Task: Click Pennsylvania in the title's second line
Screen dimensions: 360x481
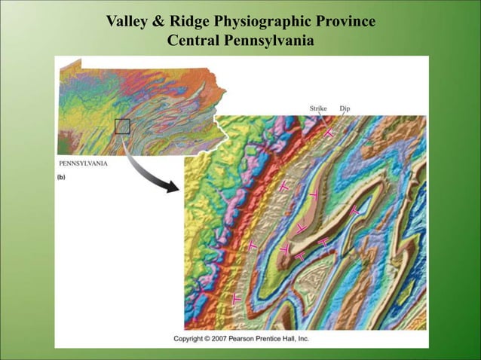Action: pos(268,40)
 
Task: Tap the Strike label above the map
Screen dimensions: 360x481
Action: pos(318,109)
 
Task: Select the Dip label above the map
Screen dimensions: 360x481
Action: pos(345,109)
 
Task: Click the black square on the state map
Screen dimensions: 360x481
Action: pos(122,127)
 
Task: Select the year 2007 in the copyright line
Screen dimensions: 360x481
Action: pos(230,339)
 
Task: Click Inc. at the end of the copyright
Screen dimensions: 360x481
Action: pos(324,339)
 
